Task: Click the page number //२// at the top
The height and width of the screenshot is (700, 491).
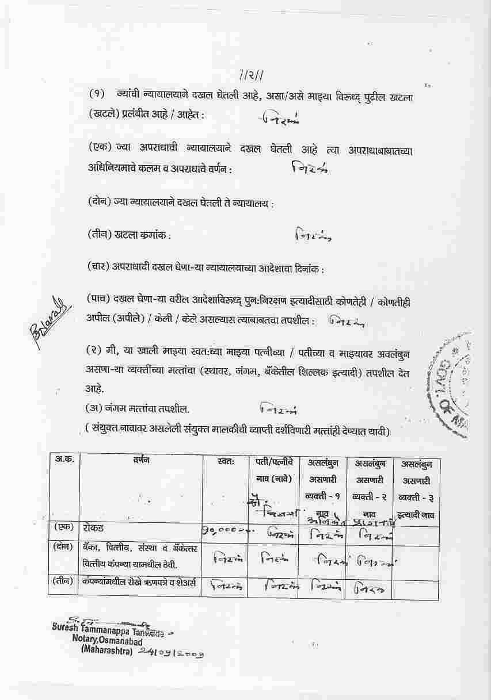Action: click(251, 75)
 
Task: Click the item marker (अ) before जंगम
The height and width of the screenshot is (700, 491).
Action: click(94, 408)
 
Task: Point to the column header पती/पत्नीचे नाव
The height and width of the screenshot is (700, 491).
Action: click(274, 469)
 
